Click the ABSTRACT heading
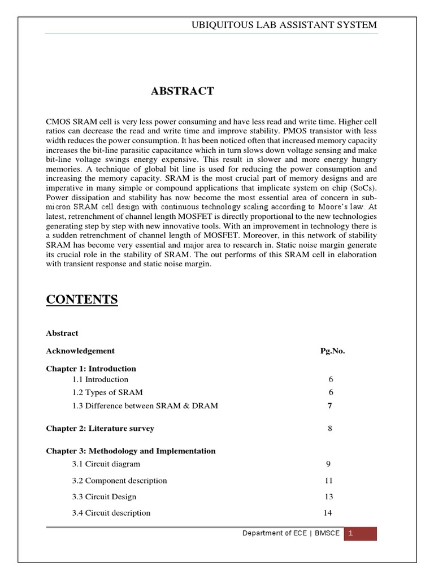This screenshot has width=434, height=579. [182, 91]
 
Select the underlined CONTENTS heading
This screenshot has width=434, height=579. [82, 300]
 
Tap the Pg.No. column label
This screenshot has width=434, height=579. [332, 351]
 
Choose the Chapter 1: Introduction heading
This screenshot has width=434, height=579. [91, 368]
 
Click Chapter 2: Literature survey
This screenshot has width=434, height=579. [100, 429]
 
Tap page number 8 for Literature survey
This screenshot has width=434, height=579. [329, 429]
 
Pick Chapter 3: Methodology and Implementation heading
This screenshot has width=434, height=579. [131, 451]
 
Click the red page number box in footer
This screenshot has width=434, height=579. [360, 533]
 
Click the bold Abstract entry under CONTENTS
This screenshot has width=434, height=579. [62, 333]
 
